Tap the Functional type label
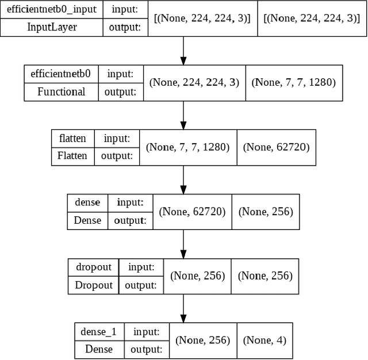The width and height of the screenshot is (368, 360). pos(61,91)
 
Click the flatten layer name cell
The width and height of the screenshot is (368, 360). pos(72,139)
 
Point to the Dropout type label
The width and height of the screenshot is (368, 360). pos(94,285)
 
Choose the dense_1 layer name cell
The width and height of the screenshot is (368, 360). pos(99,331)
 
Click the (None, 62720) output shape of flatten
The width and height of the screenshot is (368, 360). pos(276,147)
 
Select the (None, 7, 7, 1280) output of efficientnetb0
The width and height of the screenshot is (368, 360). pos(293,82)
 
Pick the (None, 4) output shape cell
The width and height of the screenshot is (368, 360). pos(264,340)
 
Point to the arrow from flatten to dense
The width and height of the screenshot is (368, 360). pos(183,180)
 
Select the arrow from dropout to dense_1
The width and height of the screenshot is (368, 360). pos(183,309)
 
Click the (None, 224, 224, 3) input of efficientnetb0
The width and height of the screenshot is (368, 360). pos(194,82)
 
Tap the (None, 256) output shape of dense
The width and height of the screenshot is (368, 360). pos(266,212)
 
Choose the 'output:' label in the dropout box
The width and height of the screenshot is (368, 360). pos(141,285)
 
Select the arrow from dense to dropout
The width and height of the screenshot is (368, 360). pos(183,244)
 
